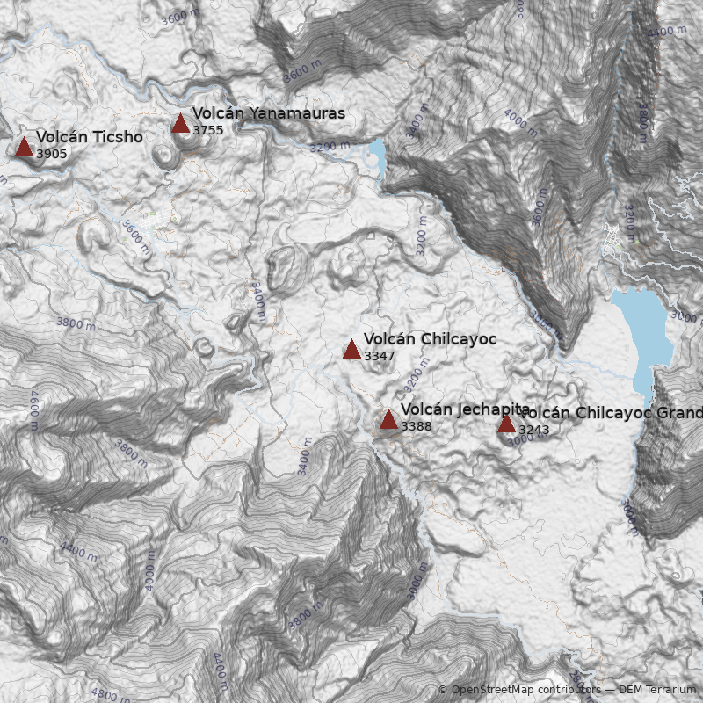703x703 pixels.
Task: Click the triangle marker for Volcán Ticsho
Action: coord(24,147)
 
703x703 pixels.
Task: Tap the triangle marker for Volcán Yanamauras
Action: coord(180,123)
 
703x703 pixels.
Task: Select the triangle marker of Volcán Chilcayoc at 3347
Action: coord(351,349)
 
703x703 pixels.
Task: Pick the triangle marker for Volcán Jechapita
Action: coord(388,419)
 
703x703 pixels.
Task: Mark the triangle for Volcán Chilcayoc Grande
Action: coord(506,424)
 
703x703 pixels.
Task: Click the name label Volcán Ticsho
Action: coord(89,137)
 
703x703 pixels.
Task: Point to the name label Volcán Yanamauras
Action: coord(268,113)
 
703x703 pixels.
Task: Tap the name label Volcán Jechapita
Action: coord(465,409)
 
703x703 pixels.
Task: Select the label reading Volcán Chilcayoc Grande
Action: coord(611,413)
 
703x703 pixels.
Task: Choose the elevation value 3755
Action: coord(208,131)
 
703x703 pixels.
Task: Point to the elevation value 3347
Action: coord(380,357)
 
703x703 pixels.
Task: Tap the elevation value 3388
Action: coord(417,427)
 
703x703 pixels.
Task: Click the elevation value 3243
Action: coord(534,431)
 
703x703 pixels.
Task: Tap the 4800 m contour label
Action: coord(112,695)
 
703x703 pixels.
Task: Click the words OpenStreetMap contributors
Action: coord(526,691)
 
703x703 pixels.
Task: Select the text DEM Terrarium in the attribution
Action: coord(657,691)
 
